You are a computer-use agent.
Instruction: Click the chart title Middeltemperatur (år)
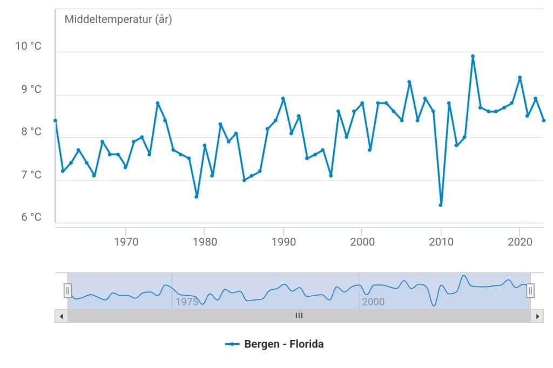(118, 20)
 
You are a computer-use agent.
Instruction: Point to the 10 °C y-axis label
(28, 46)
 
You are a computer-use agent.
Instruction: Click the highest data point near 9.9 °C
(473, 56)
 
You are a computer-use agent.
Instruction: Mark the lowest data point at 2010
(441, 205)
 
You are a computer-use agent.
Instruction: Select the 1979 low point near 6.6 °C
(197, 196)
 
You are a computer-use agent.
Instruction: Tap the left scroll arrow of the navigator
(61, 316)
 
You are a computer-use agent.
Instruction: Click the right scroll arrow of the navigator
(537, 316)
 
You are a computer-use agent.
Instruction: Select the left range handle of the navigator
(68, 291)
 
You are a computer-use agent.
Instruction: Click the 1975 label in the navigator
(186, 302)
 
